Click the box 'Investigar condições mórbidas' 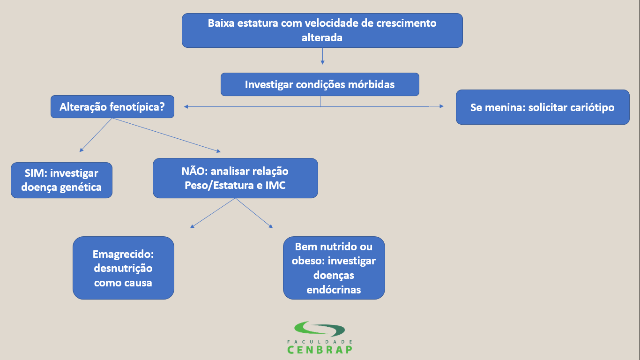pyautogui.click(x=320, y=84)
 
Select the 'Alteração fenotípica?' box pyautogui.click(x=112, y=107)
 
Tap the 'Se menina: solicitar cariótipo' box pyautogui.click(x=542, y=107)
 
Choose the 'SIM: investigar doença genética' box pyautogui.click(x=61, y=180)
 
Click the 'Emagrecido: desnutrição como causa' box pyautogui.click(x=123, y=268)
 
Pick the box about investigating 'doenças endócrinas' pyautogui.click(x=334, y=268)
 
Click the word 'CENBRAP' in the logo pyautogui.click(x=320, y=350)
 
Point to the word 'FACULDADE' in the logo pyautogui.click(x=320, y=342)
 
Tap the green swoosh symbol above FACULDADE pyautogui.click(x=320, y=329)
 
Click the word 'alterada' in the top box pyautogui.click(x=322, y=37)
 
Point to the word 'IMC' pyautogui.click(x=275, y=185)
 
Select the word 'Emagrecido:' pyautogui.click(x=123, y=254)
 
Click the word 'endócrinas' pyautogui.click(x=334, y=290)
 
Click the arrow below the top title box pyautogui.click(x=322, y=56)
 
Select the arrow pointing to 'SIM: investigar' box pyautogui.click(x=96, y=135)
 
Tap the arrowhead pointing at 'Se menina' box pyautogui.click(x=440, y=106)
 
